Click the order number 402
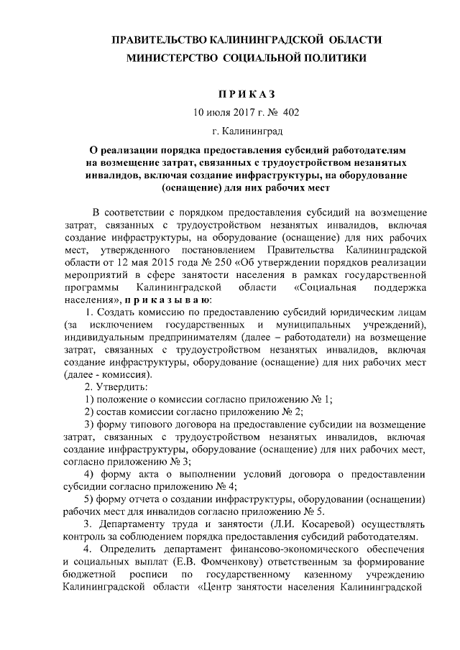tap(291, 113)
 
